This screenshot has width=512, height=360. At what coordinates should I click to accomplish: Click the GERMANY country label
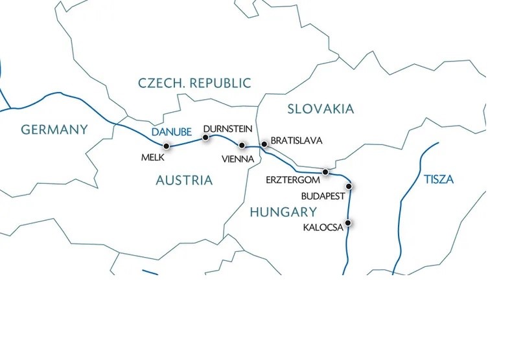(54, 129)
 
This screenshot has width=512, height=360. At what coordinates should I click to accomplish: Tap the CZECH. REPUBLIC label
(194, 83)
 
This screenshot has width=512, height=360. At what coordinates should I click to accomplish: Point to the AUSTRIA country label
(184, 180)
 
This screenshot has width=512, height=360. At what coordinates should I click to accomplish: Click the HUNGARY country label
(283, 212)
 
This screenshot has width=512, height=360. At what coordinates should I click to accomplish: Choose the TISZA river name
(439, 179)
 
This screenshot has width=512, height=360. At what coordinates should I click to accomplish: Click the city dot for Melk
(167, 146)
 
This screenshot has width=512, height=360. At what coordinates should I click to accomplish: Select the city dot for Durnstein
(206, 137)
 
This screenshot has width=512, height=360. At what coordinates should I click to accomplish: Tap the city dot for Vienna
(242, 145)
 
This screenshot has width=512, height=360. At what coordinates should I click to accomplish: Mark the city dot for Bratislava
(264, 144)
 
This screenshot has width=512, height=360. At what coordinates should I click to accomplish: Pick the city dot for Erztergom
(326, 172)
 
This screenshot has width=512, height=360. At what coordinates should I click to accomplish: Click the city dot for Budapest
(349, 186)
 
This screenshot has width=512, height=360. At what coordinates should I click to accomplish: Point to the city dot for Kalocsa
(349, 223)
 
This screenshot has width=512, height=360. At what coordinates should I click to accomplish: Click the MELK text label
(153, 157)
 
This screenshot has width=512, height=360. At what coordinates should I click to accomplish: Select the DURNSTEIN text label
(227, 129)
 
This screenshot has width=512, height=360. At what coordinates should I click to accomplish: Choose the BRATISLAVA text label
(296, 141)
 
